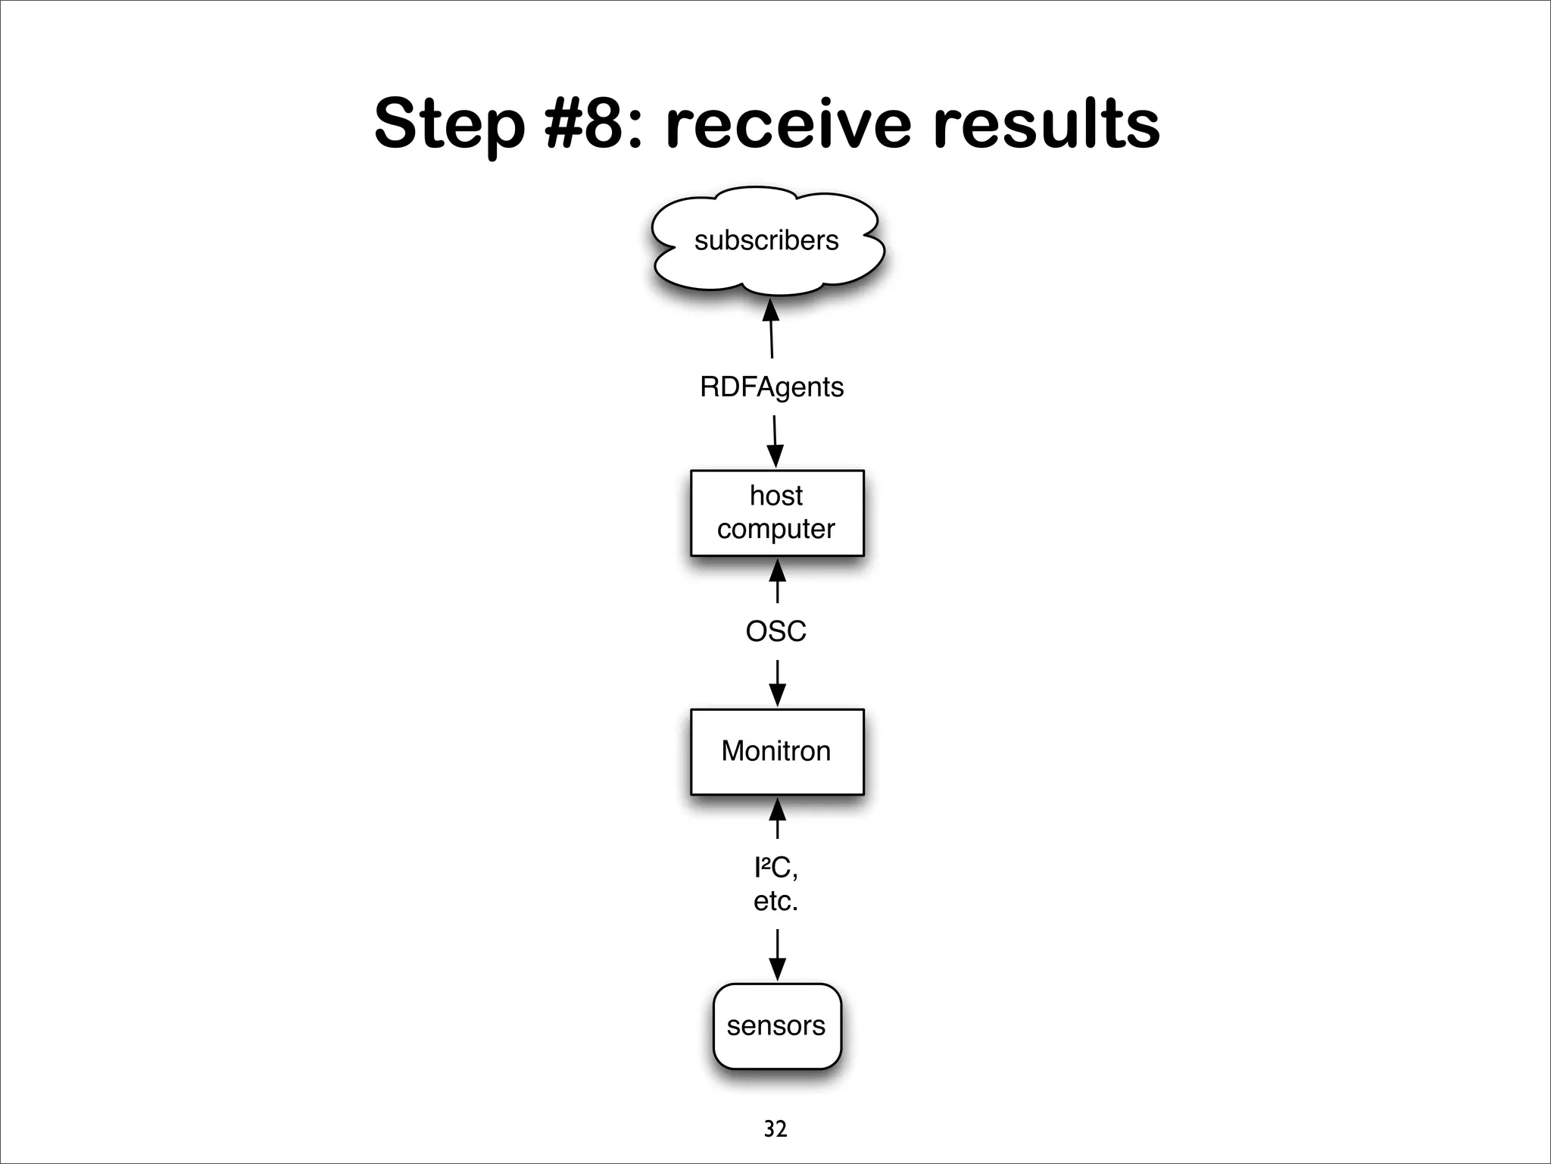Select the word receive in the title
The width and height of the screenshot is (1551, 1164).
[x=788, y=124]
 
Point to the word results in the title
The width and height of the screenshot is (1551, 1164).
[x=1046, y=124]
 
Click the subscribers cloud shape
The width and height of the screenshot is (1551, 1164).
[x=766, y=240]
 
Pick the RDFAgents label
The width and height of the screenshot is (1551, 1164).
[x=772, y=387]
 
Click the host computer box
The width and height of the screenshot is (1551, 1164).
[x=777, y=513]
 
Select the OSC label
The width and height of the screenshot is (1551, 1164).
[x=775, y=631]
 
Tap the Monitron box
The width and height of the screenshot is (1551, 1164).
[x=777, y=751]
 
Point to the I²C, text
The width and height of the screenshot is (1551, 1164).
[x=775, y=867]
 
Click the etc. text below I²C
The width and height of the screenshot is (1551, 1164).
[x=775, y=901]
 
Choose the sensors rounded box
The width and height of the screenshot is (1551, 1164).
[x=777, y=1025]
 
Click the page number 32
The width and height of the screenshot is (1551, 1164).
[x=775, y=1129]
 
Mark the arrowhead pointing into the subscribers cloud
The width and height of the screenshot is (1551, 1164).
[x=770, y=311]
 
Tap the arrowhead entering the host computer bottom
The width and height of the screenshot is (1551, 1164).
[x=777, y=571]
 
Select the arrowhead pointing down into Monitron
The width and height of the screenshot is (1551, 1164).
[x=777, y=694]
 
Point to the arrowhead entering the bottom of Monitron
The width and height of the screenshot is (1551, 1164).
[x=777, y=809]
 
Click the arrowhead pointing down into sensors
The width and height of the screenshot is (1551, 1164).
[x=777, y=968]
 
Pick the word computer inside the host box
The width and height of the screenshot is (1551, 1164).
[x=775, y=529]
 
